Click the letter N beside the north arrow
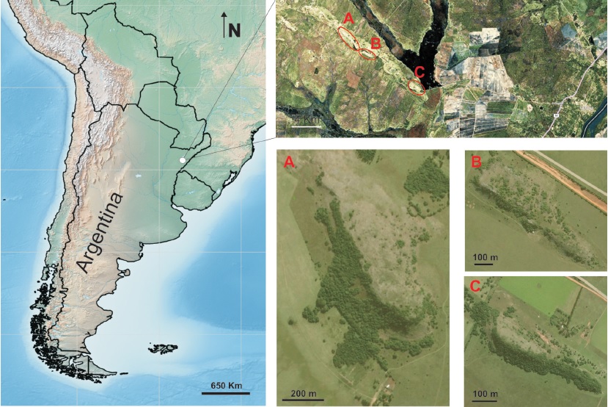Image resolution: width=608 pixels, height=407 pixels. [x=234, y=29]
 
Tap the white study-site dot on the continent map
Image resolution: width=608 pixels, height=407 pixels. [x=182, y=159]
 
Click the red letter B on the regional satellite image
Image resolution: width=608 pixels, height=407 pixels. [x=375, y=43]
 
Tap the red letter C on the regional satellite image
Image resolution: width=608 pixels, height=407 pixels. [x=419, y=72]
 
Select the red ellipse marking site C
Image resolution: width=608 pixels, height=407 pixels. [x=417, y=87]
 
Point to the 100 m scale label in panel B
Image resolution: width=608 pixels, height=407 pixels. [x=486, y=256]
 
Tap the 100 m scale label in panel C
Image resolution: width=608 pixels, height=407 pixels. [x=486, y=394]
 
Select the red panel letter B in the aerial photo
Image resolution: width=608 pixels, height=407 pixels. [x=477, y=162]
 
